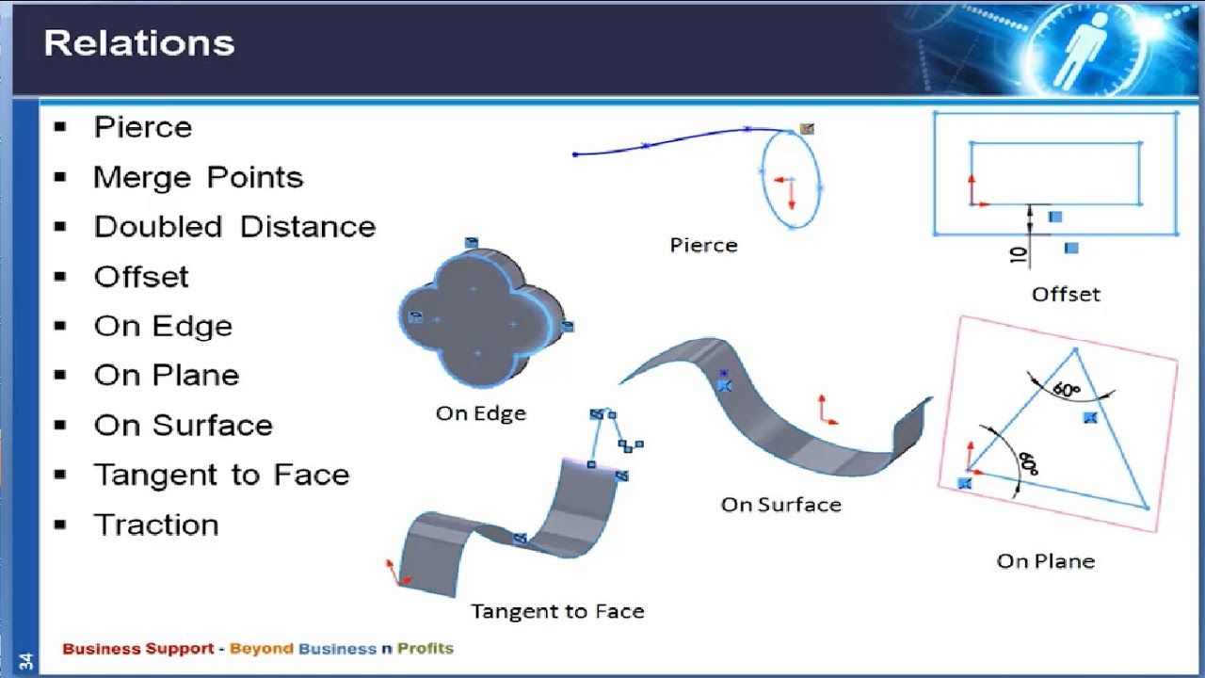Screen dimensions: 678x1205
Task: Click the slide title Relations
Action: tap(139, 43)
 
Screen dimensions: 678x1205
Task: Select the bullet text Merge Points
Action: tap(198, 177)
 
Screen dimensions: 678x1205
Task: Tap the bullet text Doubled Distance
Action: tap(234, 227)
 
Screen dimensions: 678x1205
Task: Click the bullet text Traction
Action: tap(156, 525)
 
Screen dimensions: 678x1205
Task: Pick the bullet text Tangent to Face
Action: tap(221, 475)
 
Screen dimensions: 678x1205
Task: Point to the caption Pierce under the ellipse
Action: tap(703, 245)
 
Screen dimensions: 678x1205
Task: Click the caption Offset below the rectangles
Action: tap(1066, 294)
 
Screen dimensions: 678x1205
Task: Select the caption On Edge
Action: tap(480, 413)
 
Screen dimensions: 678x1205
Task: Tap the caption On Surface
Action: tap(780, 505)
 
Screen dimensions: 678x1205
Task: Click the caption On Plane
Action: tap(1045, 561)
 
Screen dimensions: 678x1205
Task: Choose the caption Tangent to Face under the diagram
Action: tap(557, 611)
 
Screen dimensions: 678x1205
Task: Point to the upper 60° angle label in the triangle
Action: tap(1067, 389)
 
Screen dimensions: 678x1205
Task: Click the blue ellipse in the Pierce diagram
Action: tap(791, 179)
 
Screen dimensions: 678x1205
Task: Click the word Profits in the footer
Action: tap(425, 648)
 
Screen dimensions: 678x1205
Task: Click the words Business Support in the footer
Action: tap(137, 648)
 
